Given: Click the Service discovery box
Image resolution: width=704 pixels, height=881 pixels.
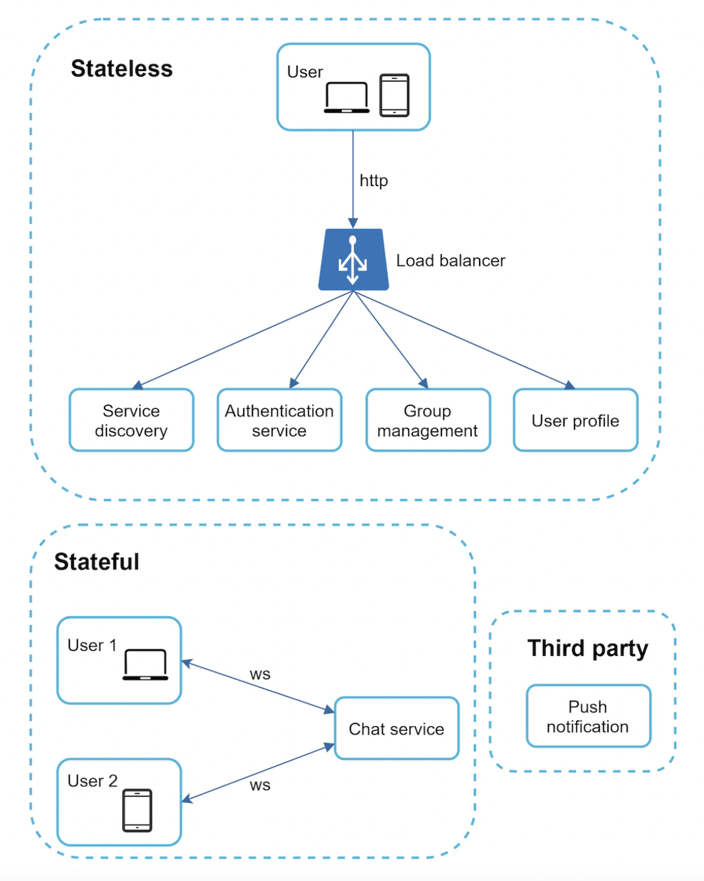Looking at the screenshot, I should tap(131, 420).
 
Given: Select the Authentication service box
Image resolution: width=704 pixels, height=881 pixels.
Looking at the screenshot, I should tap(279, 420).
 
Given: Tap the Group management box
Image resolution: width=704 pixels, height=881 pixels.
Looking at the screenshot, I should tap(427, 420).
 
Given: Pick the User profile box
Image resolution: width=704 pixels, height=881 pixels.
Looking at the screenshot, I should tap(575, 420).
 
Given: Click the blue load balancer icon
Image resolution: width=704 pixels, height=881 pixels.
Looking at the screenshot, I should tap(353, 260).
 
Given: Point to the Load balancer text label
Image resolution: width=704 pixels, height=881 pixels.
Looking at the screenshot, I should tap(450, 261).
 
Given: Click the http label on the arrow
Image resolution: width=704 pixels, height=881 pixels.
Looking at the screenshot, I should tap(373, 181).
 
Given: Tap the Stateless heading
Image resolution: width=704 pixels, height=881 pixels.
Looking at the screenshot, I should tap(122, 69).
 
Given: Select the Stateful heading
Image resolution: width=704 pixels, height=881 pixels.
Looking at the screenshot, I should tap(97, 562).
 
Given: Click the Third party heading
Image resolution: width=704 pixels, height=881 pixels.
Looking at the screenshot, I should tap(587, 648).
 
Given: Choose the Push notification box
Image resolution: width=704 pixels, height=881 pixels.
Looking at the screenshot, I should tap(588, 716).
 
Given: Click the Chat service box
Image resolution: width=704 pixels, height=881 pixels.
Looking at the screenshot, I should tap(396, 728).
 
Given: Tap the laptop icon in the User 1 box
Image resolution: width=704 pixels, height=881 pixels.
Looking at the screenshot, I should tap(145, 664).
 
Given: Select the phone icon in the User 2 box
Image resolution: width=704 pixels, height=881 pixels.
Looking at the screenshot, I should tap(137, 810).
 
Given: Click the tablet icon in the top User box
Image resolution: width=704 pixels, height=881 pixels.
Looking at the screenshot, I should tap(395, 96).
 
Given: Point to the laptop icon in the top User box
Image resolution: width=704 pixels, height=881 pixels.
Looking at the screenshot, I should tap(347, 98).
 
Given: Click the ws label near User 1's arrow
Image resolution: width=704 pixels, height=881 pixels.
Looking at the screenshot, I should tap(260, 674).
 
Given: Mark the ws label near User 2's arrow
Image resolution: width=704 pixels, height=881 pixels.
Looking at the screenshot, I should tap(260, 785).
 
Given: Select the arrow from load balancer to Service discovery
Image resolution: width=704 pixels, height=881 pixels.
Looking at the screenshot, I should tap(243, 340).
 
